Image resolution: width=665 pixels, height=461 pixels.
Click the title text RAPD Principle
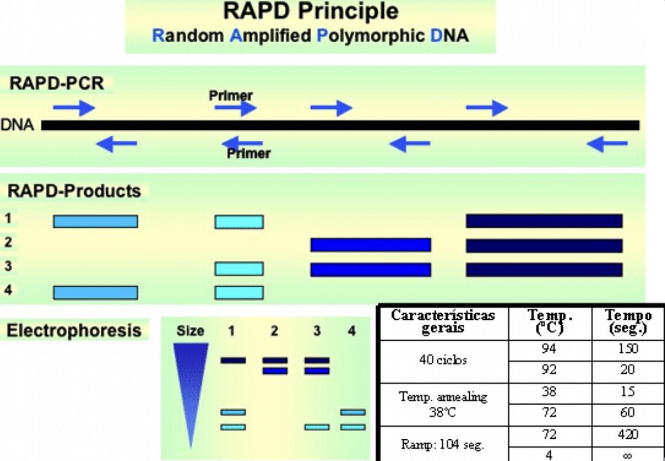tap(310, 12)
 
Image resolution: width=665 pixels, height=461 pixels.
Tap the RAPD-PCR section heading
tap(56, 84)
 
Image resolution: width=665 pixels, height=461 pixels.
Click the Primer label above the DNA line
tap(231, 96)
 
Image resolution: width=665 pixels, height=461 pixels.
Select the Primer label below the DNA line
tap(248, 154)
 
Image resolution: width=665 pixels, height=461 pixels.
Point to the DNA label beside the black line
tap(17, 126)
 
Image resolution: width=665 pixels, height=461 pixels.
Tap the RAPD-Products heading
tap(74, 191)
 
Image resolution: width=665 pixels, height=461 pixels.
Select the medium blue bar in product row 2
tap(370, 245)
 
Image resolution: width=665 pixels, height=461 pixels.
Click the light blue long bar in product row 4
tap(96, 292)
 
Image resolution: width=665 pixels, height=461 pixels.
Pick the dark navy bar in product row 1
tap(544, 221)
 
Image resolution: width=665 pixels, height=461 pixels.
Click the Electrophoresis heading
tap(74, 330)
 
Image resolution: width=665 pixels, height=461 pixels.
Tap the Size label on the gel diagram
tap(190, 331)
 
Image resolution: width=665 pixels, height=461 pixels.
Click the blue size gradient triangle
tap(190, 385)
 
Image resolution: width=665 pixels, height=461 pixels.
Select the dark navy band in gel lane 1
tap(233, 361)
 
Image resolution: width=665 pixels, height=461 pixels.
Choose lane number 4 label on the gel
tap(352, 331)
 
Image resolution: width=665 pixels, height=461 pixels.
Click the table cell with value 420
tap(627, 434)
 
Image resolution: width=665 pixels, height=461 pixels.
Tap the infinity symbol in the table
tap(627, 455)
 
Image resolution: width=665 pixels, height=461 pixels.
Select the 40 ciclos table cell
tap(443, 360)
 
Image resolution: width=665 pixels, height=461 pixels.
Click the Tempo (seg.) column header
tap(628, 322)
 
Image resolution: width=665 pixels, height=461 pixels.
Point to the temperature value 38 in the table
tap(548, 392)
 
